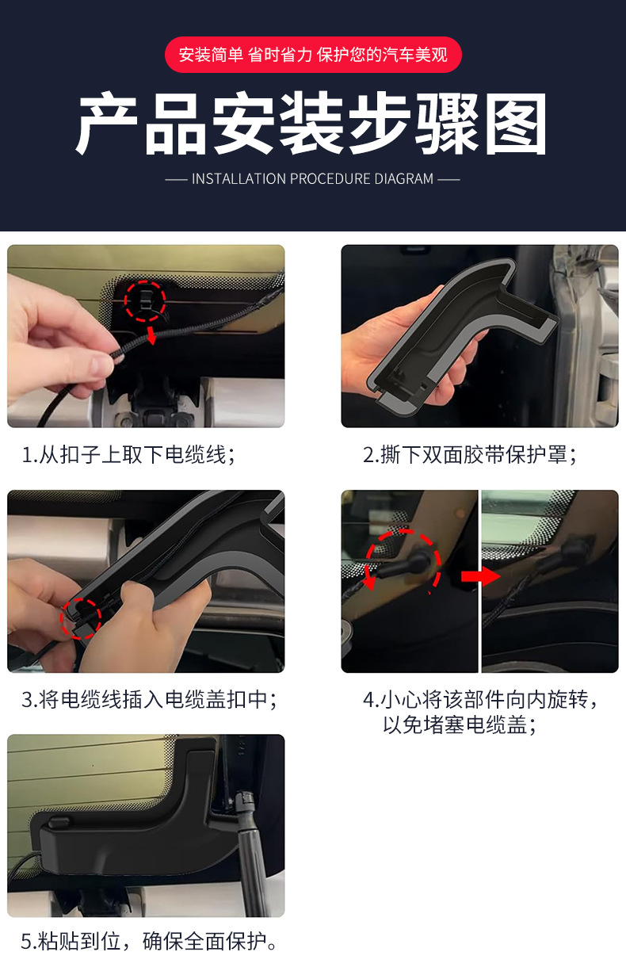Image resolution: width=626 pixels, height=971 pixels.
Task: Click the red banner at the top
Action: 313,55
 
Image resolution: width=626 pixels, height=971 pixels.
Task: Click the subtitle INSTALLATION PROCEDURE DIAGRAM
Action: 312,178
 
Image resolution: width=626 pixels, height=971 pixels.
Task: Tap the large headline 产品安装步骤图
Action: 312,124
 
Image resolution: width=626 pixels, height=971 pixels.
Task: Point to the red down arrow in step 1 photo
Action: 151,335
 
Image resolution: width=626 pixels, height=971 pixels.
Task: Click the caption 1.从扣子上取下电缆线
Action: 128,455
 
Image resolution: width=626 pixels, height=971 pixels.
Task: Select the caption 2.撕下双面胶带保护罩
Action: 470,455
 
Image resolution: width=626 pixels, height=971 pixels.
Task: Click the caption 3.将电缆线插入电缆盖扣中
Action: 149,700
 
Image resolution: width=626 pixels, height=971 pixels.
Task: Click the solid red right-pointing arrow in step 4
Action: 480,576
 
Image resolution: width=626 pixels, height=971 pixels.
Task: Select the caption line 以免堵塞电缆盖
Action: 460,724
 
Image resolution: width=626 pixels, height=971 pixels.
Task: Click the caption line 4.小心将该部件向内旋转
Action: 480,700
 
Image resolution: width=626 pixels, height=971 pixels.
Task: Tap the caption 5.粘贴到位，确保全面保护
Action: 149,942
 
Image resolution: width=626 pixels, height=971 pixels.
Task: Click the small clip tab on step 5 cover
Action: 59,822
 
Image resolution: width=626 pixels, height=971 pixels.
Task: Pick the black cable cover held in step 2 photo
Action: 460,334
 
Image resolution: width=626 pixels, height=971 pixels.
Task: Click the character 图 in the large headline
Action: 516,124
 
